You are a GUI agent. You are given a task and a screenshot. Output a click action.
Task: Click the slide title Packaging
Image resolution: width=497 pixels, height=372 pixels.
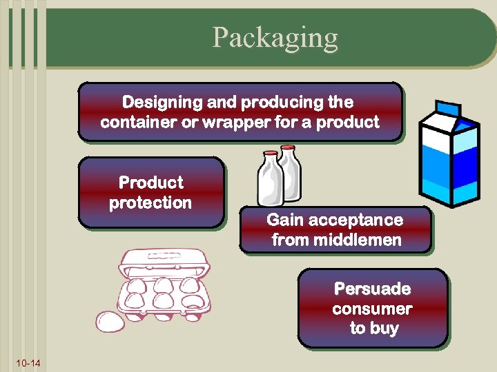[x=275, y=37]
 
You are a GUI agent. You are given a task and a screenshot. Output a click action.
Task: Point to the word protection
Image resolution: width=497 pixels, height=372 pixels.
[x=150, y=203]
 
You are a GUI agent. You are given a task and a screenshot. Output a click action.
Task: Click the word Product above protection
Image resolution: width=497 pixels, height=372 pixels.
[x=150, y=183]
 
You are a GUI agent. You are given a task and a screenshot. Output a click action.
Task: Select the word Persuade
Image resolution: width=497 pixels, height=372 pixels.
[x=372, y=289]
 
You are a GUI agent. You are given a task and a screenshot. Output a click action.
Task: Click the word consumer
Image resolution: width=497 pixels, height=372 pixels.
[x=372, y=309]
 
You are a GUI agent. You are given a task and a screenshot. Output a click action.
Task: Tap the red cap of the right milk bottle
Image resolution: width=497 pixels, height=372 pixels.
[x=287, y=148]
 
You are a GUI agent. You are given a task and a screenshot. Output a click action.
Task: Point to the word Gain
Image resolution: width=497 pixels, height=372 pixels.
[x=285, y=220]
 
